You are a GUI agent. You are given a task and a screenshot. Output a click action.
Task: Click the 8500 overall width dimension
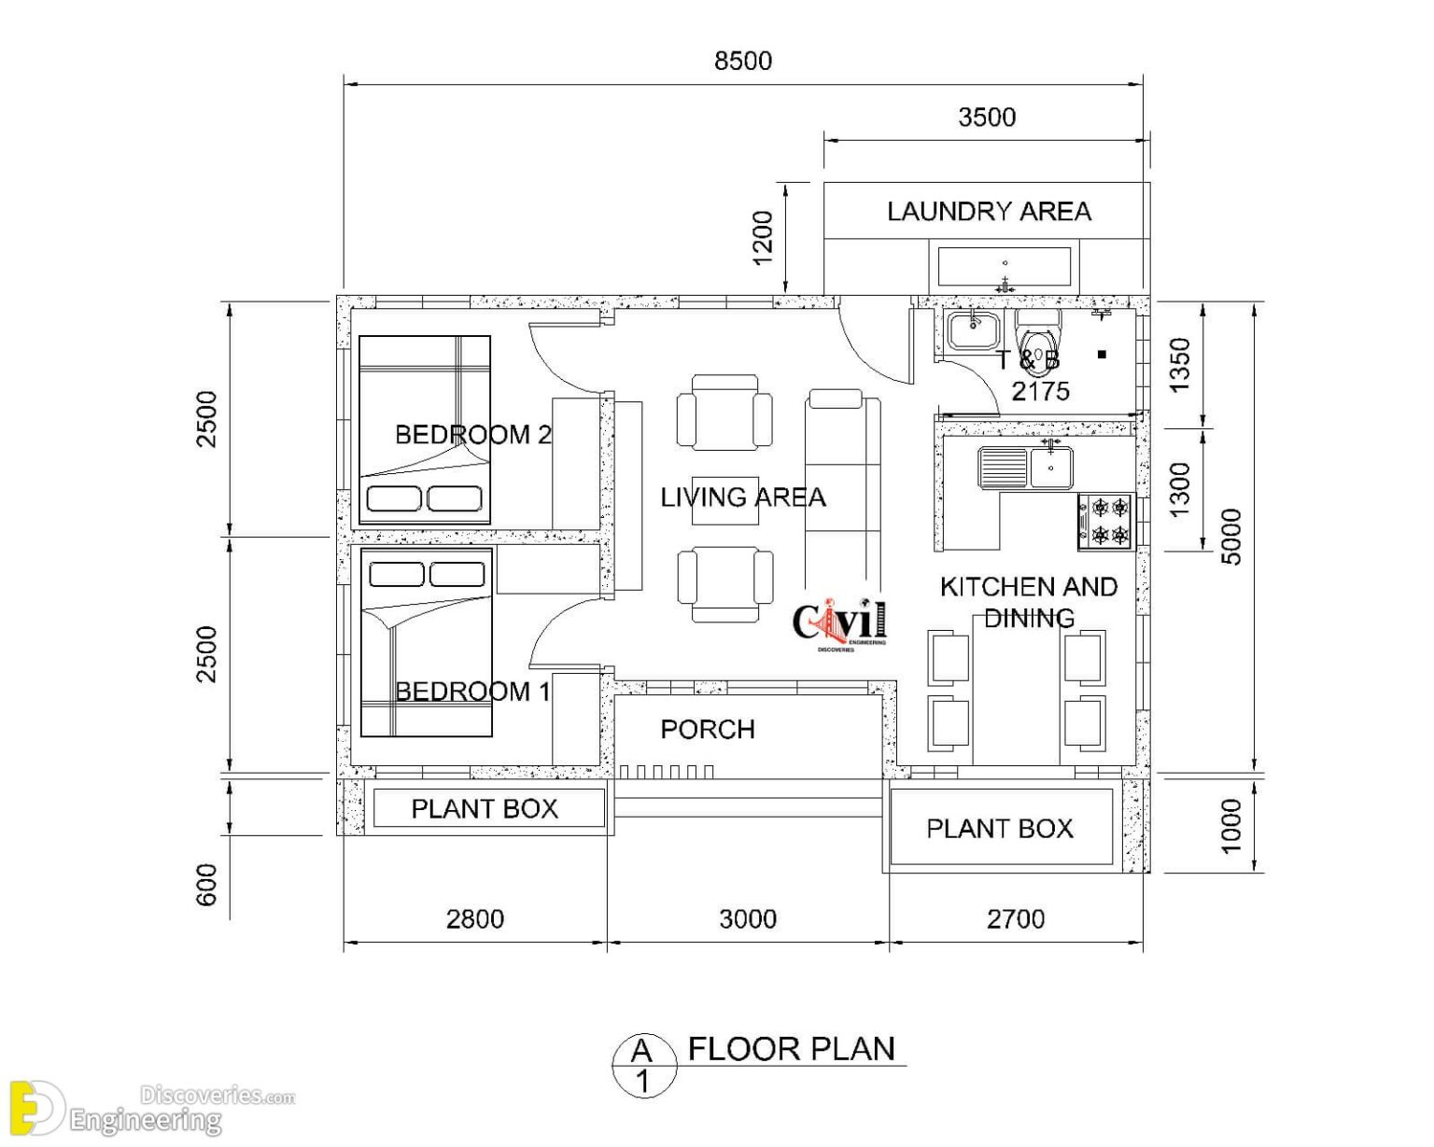click(742, 61)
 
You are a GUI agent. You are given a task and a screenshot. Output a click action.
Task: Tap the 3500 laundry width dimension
click(986, 118)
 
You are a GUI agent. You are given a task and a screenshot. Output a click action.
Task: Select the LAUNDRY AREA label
click(988, 212)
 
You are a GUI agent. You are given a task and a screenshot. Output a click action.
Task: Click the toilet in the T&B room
click(1037, 336)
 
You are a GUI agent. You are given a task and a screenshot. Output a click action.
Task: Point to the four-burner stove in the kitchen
click(1105, 521)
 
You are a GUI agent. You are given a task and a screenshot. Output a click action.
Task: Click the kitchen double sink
click(1025, 467)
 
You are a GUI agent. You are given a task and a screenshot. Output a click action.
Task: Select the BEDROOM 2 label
click(472, 435)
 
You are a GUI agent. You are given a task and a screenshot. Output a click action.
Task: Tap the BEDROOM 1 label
click(472, 692)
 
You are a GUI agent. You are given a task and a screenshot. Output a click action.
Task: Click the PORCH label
click(707, 730)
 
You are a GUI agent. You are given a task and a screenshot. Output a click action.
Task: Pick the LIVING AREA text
click(742, 497)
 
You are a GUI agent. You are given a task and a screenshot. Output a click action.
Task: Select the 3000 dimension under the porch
click(747, 919)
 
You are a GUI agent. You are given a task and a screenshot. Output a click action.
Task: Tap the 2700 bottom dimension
click(1015, 919)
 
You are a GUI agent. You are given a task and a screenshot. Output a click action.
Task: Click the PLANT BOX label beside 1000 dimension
click(999, 829)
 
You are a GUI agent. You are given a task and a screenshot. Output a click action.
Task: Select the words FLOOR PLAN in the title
click(791, 1049)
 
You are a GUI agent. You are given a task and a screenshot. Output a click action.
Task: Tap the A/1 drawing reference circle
click(642, 1066)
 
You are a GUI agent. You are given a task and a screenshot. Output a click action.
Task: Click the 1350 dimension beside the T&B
click(1180, 365)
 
